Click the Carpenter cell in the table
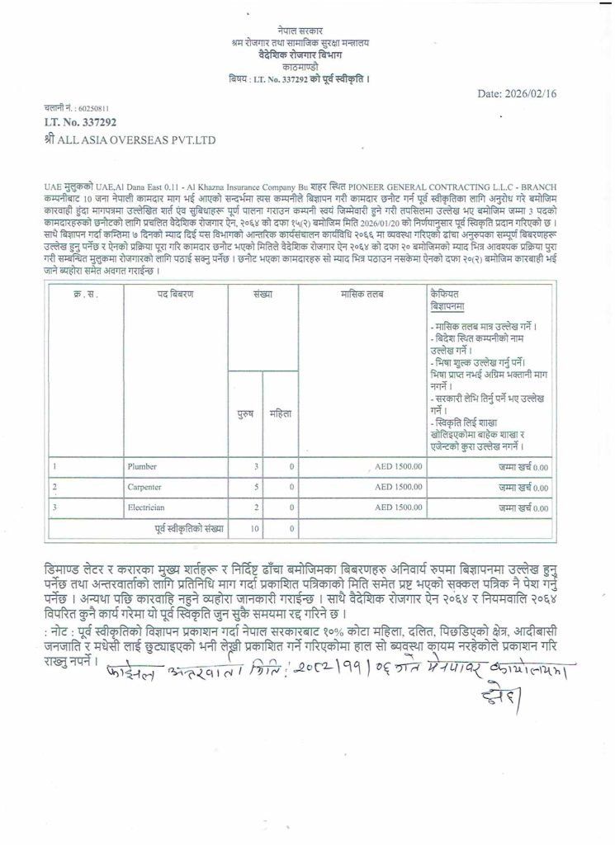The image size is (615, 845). [x=144, y=487]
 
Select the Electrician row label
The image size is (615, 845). [x=145, y=507]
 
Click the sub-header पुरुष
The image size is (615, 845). [x=246, y=413]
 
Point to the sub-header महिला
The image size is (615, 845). [x=281, y=413]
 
